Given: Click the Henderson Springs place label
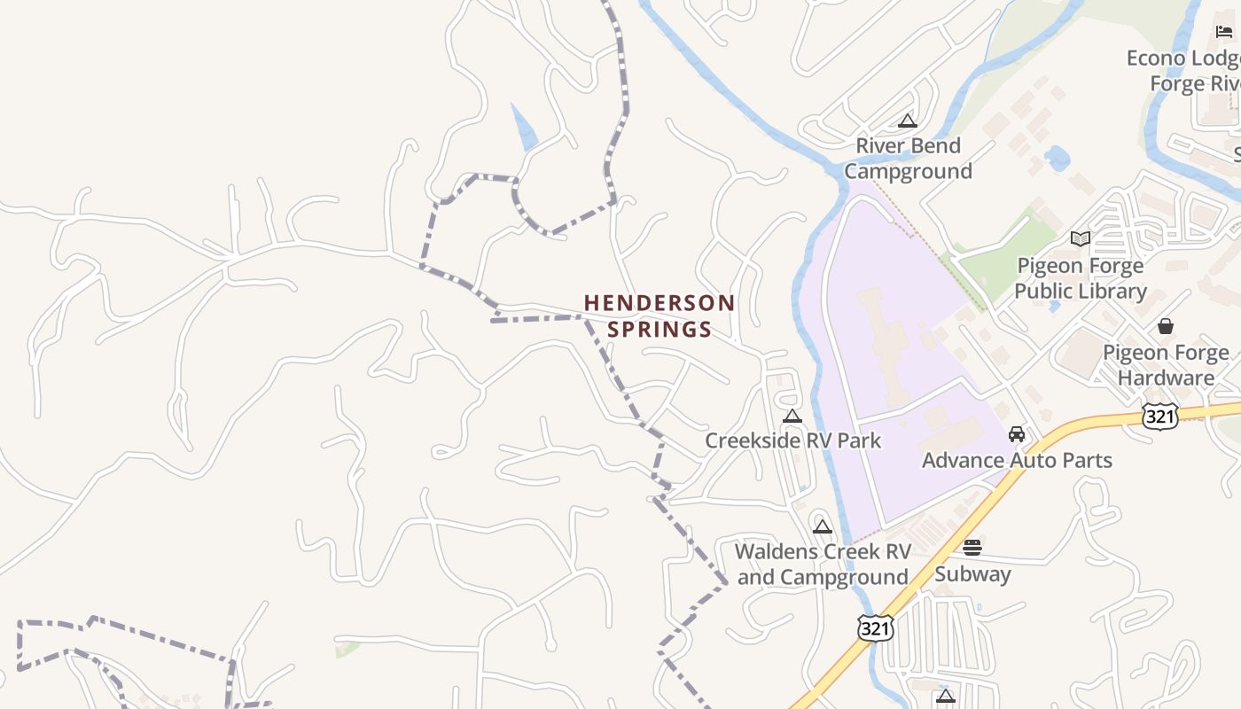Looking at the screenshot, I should [660, 316].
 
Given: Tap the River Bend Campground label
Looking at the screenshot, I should [908, 158].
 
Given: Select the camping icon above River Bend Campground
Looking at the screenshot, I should [907, 121].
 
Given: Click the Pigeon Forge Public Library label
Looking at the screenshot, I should [1080, 278].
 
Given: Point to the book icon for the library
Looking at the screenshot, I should [1080, 238].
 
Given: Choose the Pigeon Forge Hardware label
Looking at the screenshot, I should [1166, 365].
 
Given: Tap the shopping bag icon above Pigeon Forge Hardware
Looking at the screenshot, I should [1166, 326].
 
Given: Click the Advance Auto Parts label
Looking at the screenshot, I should [1017, 460].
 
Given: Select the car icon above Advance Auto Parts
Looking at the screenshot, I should [1017, 434].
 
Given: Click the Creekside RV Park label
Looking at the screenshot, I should [792, 440].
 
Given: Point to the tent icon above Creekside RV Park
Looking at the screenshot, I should [792, 416].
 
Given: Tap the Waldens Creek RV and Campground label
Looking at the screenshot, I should [823, 564].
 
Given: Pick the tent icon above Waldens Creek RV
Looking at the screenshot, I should [823, 527].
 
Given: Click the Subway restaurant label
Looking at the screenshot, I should [972, 573].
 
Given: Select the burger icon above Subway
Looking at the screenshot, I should [972, 548].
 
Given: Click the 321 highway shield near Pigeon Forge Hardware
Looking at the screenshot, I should [1159, 417].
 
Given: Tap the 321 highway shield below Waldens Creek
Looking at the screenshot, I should [875, 627].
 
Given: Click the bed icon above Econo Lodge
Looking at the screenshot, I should [1224, 32].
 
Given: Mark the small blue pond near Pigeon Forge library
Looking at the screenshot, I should [1057, 160].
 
